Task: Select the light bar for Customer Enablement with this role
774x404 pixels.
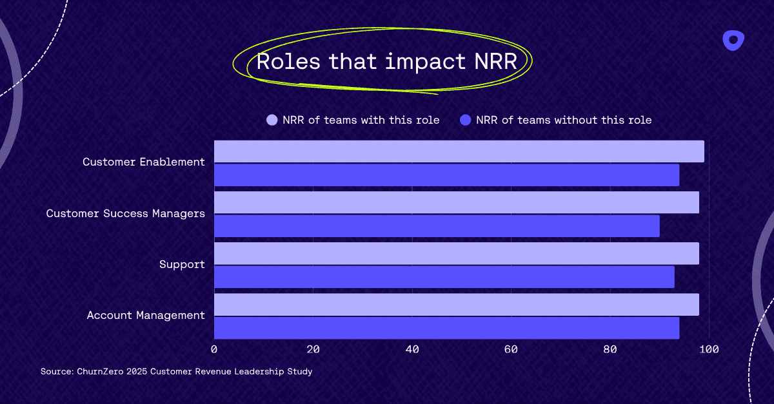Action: coord(459,151)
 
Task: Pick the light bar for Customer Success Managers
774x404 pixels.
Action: coord(456,202)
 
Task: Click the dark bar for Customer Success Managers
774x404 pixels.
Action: coord(437,226)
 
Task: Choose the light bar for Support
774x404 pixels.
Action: coord(456,254)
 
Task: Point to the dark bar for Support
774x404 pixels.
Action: coord(444,277)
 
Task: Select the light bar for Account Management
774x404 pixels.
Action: coord(456,305)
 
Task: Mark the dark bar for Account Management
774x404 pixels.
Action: coord(446,328)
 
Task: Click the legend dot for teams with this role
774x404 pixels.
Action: coord(272,120)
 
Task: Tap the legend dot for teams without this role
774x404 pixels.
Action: coord(466,120)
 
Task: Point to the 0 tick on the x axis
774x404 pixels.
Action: coord(214,349)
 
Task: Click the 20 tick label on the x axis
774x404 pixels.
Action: coord(313,349)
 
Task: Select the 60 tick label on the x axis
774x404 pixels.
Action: coord(511,349)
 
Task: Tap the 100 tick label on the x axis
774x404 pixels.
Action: coord(709,349)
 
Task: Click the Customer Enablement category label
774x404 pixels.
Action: coord(144,162)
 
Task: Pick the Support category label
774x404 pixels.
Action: coord(182,265)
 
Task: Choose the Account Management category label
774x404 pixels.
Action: coord(146,316)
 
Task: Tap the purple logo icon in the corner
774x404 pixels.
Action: coord(733,41)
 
